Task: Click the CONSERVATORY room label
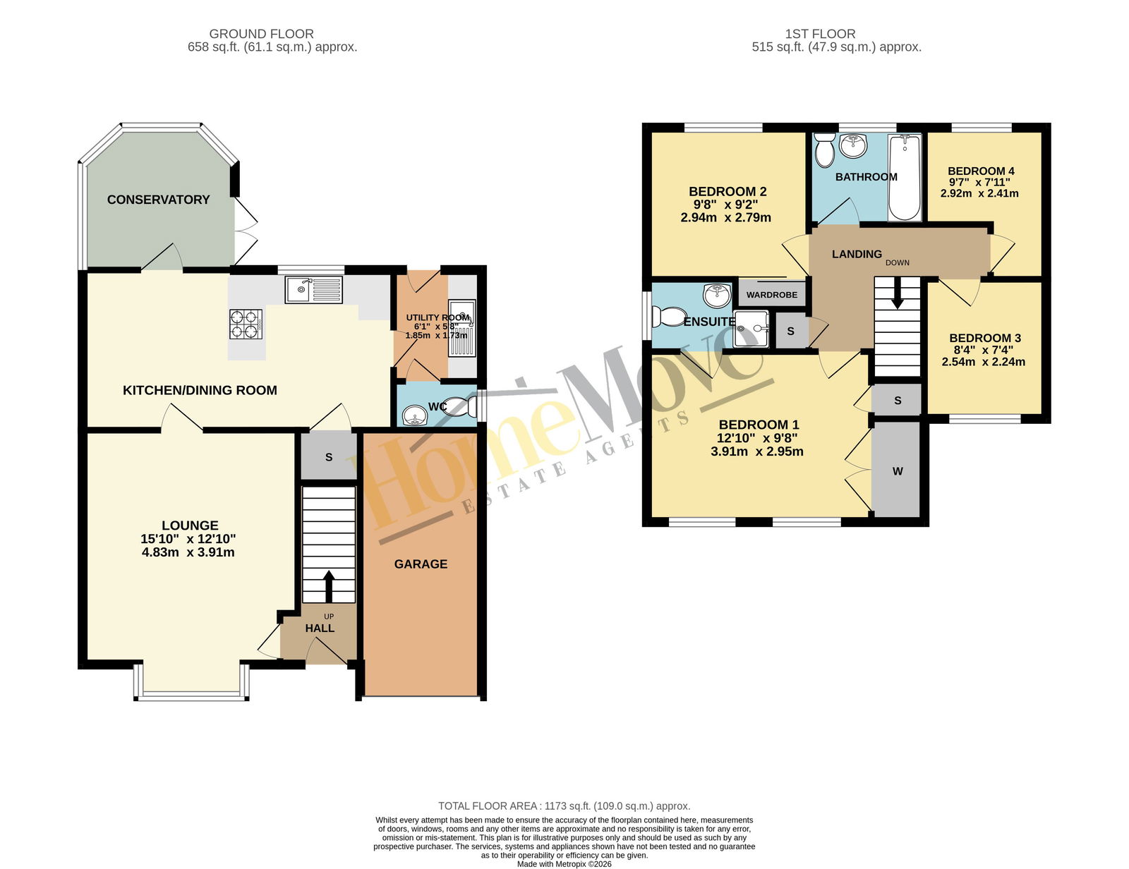click(158, 200)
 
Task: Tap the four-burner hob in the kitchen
click(246, 324)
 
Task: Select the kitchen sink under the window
click(314, 290)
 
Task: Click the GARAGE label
click(421, 564)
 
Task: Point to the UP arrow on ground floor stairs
click(328, 587)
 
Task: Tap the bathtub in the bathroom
click(905, 177)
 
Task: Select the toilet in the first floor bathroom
click(825, 150)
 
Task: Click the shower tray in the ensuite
click(751, 329)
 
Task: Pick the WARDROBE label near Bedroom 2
click(771, 295)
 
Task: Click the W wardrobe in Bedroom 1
click(898, 470)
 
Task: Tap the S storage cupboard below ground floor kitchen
click(329, 457)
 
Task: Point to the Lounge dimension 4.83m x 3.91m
click(188, 552)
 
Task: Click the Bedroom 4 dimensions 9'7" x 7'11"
click(980, 182)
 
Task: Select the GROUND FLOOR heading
click(261, 34)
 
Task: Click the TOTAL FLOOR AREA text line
click(564, 806)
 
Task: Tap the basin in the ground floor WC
click(415, 415)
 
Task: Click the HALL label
click(320, 628)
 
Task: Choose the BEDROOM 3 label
click(984, 338)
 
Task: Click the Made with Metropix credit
click(564, 864)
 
